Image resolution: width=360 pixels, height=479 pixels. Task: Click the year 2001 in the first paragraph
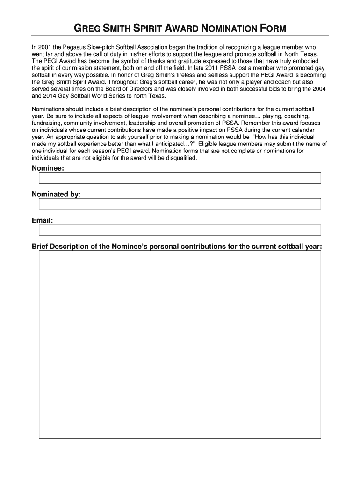(x=44, y=47)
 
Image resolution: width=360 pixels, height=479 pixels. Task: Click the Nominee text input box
(x=180, y=178)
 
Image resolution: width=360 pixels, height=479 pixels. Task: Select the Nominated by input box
(x=180, y=204)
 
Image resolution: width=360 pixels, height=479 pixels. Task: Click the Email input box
(x=180, y=230)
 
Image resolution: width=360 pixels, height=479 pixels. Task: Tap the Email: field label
(x=42, y=220)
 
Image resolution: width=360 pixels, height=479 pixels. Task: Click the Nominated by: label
(x=56, y=194)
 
